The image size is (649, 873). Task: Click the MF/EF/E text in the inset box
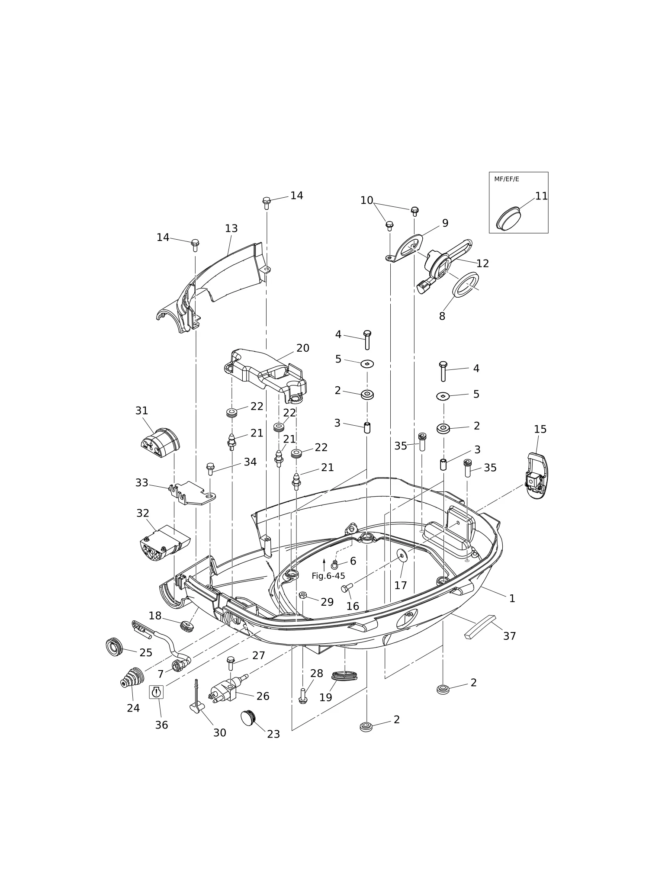click(x=506, y=179)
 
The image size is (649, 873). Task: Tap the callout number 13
click(x=231, y=228)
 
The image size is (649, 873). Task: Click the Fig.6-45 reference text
click(x=328, y=576)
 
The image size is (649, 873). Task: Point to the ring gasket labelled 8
click(x=466, y=285)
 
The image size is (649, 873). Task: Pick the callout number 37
click(x=510, y=636)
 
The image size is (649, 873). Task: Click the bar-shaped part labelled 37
click(x=480, y=627)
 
